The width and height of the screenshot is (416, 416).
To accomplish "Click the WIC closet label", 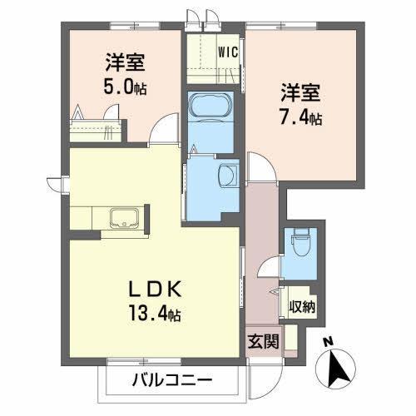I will coord(228,52).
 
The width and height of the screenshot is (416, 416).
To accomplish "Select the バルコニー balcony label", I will coord(172,380).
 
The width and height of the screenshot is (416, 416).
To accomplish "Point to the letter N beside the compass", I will coord(329,341).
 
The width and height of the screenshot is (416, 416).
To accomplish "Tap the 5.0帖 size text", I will coord(124,86).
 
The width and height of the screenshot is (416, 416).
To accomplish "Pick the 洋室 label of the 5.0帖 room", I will coord(124,62).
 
